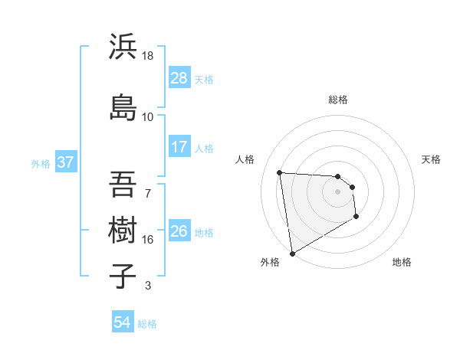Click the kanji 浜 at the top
point(123,47)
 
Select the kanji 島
point(123,107)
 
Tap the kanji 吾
point(123,185)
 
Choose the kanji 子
point(123,275)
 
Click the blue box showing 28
point(179,78)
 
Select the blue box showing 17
point(179,147)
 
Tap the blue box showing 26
point(179,231)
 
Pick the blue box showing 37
point(65,162)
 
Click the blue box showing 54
point(123,323)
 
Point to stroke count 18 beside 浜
point(148,56)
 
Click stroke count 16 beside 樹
point(148,239)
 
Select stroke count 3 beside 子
point(148,286)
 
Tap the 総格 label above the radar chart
point(338,100)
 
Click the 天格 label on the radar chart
point(432,159)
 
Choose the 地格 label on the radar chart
point(402,262)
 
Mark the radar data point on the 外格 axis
point(291,253)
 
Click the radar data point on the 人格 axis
point(280,172)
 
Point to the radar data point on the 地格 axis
point(356,218)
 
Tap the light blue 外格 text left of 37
point(41,163)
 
